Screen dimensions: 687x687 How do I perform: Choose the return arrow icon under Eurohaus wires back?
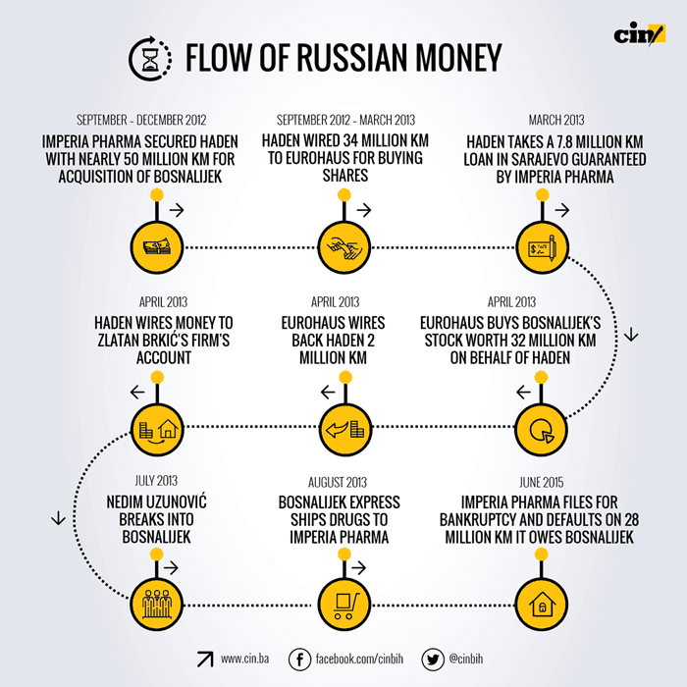click(344, 428)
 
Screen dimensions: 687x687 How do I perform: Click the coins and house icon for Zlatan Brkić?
click(156, 428)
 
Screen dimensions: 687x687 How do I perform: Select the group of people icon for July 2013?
click(156, 602)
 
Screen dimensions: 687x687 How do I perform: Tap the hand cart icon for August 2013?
click(344, 602)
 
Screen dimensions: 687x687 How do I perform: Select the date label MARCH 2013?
click(555, 119)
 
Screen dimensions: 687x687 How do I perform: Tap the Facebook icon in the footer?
click(301, 659)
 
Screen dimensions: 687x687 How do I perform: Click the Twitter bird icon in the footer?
click(433, 659)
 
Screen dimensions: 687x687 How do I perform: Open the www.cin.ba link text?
click(245, 659)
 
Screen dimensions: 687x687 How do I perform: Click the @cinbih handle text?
click(474, 659)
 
